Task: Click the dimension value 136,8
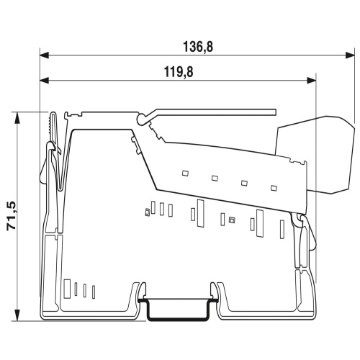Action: (198, 47)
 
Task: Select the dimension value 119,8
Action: (179, 72)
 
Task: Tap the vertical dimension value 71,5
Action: (12, 216)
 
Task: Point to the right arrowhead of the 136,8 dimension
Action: (350, 55)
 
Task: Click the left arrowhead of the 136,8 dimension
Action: (45, 55)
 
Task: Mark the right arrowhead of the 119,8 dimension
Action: (312, 81)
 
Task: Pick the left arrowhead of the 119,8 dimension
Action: (45, 81)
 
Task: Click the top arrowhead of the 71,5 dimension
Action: (17, 117)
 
